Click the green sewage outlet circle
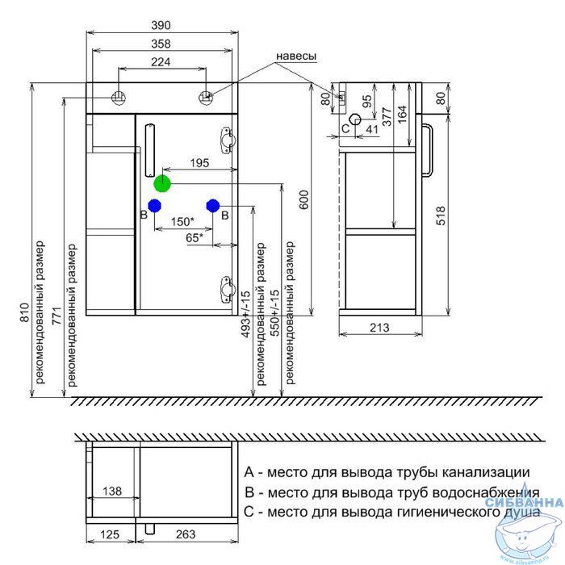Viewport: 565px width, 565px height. click(162, 183)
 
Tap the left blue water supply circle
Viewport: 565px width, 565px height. click(154, 206)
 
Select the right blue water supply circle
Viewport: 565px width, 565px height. click(213, 206)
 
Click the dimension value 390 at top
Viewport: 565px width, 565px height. click(161, 25)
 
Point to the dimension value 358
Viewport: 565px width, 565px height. click(161, 44)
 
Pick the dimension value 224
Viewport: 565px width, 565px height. click(161, 62)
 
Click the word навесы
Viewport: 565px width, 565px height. click(296, 56)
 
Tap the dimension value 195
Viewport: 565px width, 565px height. click(199, 163)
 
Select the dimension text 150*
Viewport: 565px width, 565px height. click(182, 221)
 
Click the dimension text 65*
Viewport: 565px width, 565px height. click(195, 238)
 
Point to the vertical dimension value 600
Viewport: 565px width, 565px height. click(304, 200)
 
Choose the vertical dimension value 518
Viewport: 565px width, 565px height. click(441, 216)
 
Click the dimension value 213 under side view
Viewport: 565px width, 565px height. click(380, 328)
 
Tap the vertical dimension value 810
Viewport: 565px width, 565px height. click(23, 312)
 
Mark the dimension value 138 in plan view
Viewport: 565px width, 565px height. click(112, 491)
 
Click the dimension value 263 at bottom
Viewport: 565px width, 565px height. click(186, 534)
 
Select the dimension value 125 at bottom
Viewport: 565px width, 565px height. click(110, 534)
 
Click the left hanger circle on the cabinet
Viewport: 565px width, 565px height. click(119, 97)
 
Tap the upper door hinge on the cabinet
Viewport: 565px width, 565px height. click(228, 140)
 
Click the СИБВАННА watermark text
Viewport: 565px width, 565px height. click(524, 502)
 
